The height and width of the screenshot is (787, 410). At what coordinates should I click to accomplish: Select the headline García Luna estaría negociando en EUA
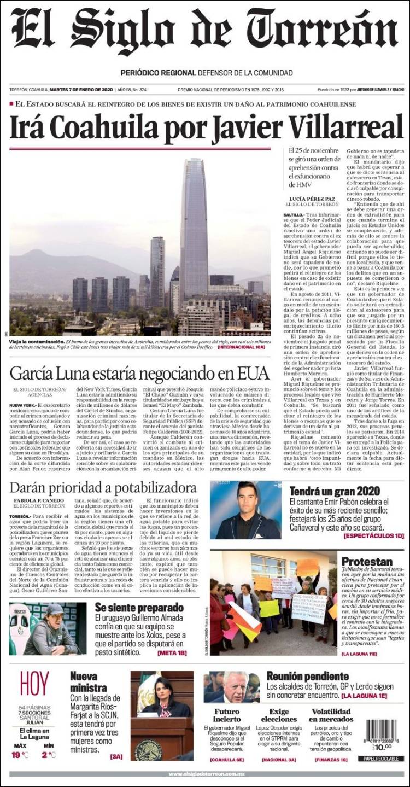139,373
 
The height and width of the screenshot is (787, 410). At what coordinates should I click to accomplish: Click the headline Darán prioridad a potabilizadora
103,488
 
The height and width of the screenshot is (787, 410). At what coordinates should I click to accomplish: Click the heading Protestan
367,562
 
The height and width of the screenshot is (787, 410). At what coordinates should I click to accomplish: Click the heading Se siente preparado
139,608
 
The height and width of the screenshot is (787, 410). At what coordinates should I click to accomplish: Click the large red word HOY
34,684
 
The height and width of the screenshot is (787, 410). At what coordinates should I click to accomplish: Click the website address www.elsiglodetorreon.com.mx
205,774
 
